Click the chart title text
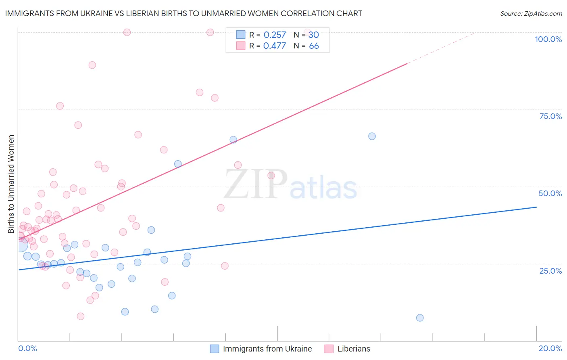[x=183, y=13]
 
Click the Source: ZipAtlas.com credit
[x=531, y=13]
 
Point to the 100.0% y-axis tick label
[x=548, y=39]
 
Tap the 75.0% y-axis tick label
[x=550, y=116]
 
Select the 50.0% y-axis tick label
[x=550, y=193]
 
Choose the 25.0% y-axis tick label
[x=550, y=270]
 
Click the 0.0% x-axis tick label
[x=27, y=348]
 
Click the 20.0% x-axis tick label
[x=550, y=348]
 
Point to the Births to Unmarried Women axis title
[x=11, y=184]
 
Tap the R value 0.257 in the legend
[x=275, y=35]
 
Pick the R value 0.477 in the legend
[x=275, y=46]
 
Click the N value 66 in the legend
[x=314, y=46]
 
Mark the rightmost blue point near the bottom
[x=420, y=318]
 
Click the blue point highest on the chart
[x=372, y=136]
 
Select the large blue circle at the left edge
[x=20, y=245]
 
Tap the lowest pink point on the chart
[x=81, y=316]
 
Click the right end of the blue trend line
[x=536, y=207]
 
